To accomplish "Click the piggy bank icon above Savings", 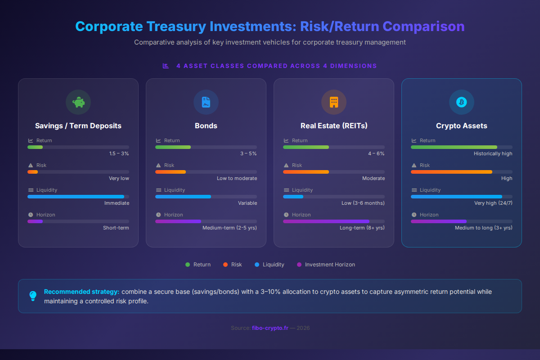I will pos(78,102).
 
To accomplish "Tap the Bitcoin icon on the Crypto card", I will pos(462,102).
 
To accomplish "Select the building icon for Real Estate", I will pos(334,102).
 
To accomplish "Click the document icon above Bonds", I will pos(206,102).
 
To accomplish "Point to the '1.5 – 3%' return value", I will pos(119,153).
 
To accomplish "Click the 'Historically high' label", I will pos(493,153).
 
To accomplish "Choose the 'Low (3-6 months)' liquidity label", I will pos(363,203).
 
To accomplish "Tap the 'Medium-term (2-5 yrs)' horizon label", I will pos(229,228).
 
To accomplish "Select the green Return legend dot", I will pos(188,265).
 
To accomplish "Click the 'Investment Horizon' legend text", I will pos(330,265).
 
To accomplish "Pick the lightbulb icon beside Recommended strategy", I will pos(33,296).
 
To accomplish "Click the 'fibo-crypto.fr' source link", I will pos(270,328).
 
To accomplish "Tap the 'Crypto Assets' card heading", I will pos(462,126).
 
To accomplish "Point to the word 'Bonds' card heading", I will pos(206,126).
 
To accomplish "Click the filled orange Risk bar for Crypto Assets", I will pos(451,172).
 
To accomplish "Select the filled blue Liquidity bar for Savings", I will pos(76,197).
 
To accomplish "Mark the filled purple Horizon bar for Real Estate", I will pos(326,221).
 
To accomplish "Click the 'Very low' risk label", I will pos(119,178).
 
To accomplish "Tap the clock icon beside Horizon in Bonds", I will pos(158,215).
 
